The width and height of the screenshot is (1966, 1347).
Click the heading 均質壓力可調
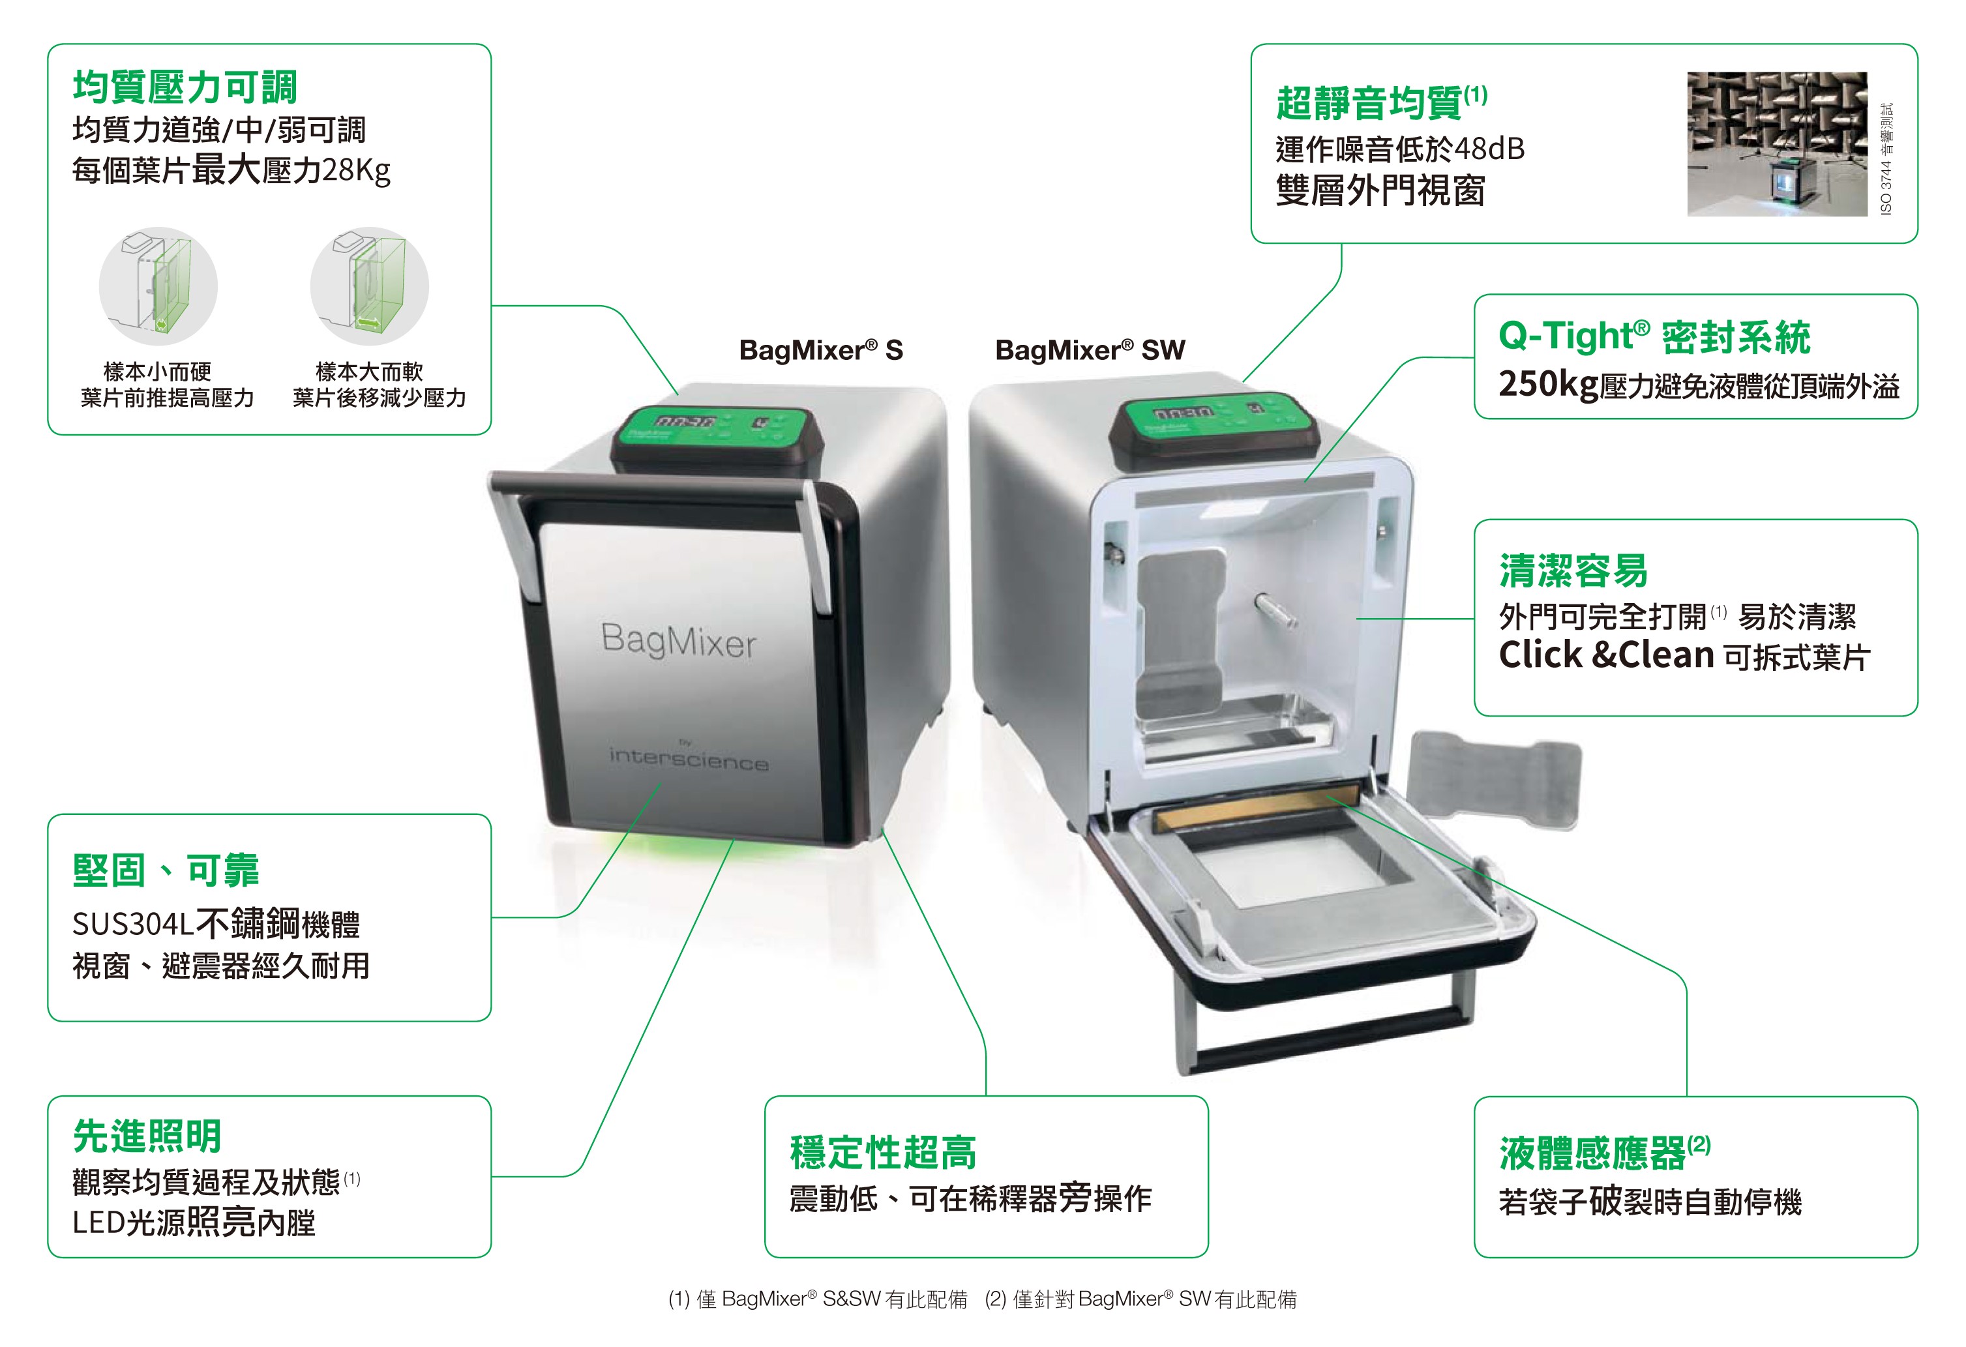185,87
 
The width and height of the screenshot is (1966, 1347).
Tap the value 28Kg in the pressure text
356,171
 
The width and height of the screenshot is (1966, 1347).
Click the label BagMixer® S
820,350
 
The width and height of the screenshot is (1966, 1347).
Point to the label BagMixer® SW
1090,350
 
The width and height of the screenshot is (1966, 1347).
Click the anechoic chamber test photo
1776,144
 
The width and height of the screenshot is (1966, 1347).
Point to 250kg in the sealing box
1548,385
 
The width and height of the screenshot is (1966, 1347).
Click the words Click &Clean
1605,655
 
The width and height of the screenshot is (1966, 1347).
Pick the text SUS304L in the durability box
134,925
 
